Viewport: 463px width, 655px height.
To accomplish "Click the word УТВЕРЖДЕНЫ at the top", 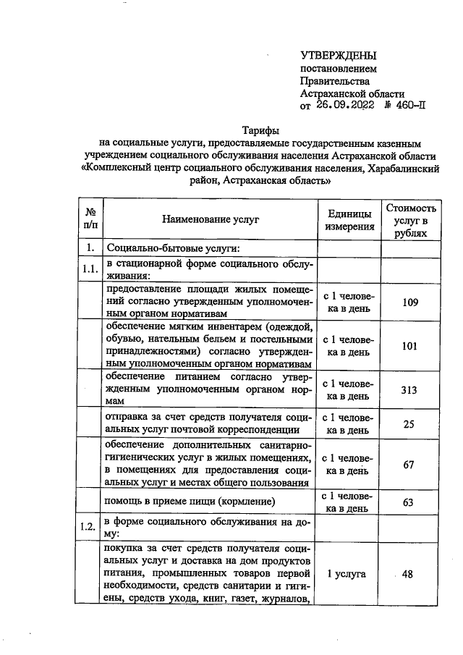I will (x=339, y=56).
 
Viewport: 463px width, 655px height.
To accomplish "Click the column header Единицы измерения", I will (x=349, y=220).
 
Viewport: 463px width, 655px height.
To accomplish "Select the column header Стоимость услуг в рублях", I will (x=411, y=220).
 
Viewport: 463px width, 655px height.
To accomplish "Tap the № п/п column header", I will (x=91, y=220).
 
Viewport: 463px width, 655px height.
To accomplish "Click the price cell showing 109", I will (x=410, y=302).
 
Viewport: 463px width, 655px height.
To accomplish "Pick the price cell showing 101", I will (x=410, y=346).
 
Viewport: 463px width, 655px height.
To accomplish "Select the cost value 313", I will (x=410, y=390).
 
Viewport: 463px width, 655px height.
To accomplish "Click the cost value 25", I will (x=410, y=424).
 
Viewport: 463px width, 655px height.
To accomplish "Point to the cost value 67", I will (x=410, y=465).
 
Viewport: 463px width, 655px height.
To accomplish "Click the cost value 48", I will (x=407, y=574).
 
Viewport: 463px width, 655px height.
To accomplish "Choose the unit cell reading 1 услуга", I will (x=347, y=574).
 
